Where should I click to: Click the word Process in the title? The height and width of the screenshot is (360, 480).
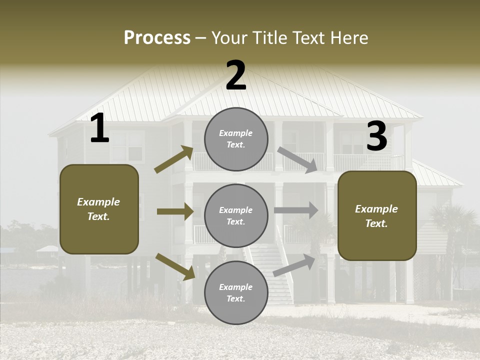[157, 38]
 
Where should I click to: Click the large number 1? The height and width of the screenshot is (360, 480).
[99, 128]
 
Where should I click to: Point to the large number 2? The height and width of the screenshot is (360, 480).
[236, 75]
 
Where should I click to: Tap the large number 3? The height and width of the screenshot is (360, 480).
[376, 136]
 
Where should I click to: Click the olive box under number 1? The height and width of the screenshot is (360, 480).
[99, 209]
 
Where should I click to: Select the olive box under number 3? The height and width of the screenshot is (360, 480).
[377, 215]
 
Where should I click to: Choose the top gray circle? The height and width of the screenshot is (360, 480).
[236, 139]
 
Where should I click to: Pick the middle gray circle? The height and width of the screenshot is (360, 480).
[236, 215]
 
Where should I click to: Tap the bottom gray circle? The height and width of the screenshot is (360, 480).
[236, 292]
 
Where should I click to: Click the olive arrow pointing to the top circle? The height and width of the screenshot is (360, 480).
[174, 159]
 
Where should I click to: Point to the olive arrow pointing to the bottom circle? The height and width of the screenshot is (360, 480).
[175, 266]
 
